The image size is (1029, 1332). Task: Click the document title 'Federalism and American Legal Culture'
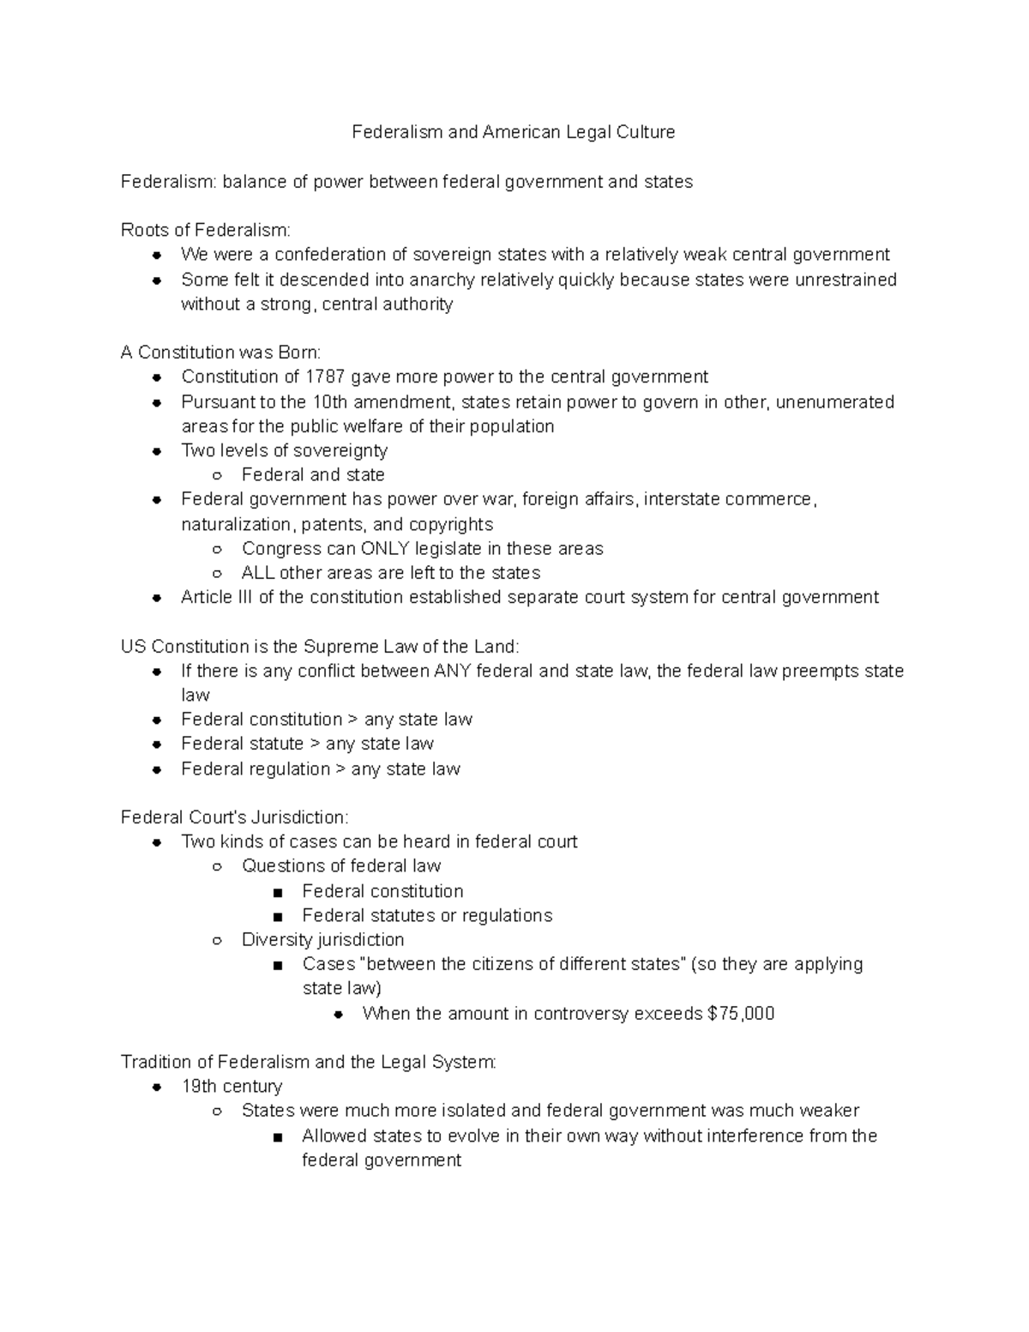(x=514, y=132)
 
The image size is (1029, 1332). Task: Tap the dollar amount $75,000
(x=741, y=1014)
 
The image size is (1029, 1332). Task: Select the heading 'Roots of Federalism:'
(x=206, y=230)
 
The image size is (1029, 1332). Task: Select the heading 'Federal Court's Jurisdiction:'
(x=234, y=817)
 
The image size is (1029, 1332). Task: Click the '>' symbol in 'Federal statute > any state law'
(x=315, y=744)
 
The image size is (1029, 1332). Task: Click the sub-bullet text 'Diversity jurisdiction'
(x=322, y=940)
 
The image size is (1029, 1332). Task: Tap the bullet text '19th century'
(x=232, y=1087)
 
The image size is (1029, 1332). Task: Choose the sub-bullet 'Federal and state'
(x=313, y=475)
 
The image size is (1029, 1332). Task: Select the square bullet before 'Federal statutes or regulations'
(x=277, y=917)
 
